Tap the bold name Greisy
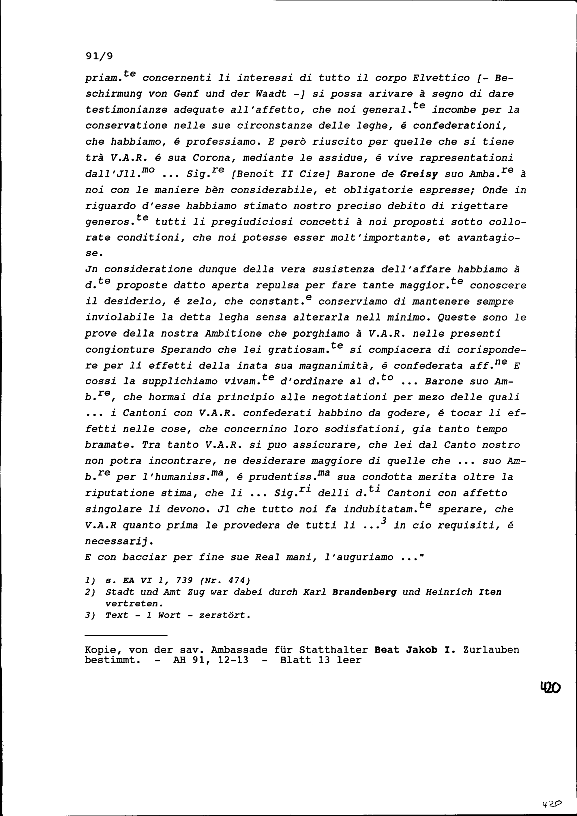click(x=419, y=174)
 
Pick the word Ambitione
click(x=233, y=334)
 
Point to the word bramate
click(x=110, y=445)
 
